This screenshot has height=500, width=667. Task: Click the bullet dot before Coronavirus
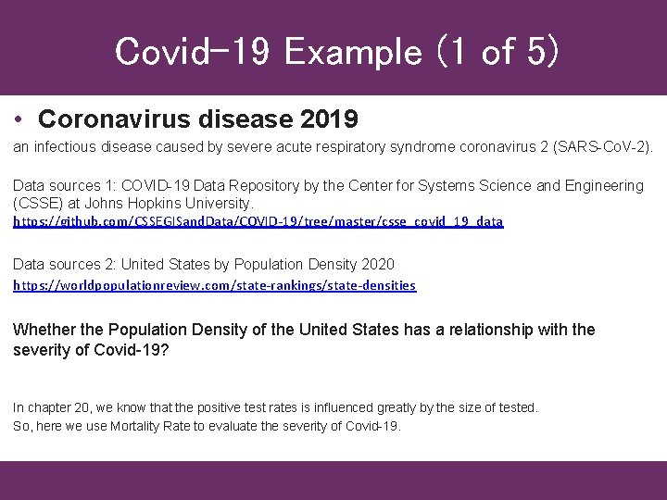[x=19, y=120]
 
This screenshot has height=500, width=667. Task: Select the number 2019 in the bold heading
[x=331, y=120]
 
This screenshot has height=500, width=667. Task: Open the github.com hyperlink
[x=258, y=223]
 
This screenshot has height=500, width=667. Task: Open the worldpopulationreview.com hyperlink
[x=214, y=286]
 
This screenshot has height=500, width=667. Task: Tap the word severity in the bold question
[x=43, y=350]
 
